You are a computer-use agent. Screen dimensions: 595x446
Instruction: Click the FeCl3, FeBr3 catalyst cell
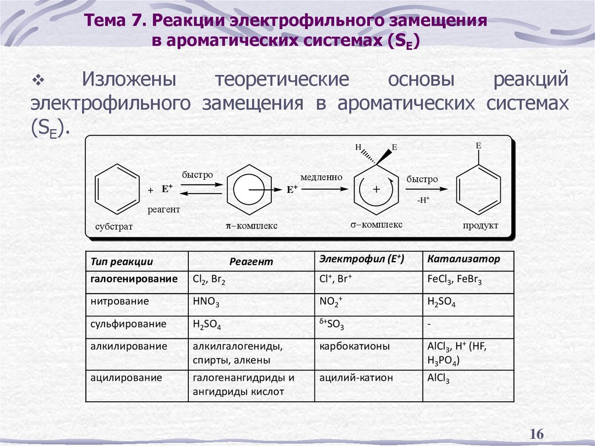click(454, 280)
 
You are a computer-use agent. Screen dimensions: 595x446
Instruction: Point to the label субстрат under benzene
click(114, 227)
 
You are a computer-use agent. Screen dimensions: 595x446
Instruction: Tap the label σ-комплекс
click(376, 224)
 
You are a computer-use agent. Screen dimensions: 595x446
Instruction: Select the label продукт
click(480, 226)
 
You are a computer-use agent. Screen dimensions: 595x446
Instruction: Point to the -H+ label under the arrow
click(423, 200)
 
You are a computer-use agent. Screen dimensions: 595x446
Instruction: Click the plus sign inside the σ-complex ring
click(376, 190)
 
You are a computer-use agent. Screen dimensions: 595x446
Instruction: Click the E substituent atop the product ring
click(479, 145)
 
